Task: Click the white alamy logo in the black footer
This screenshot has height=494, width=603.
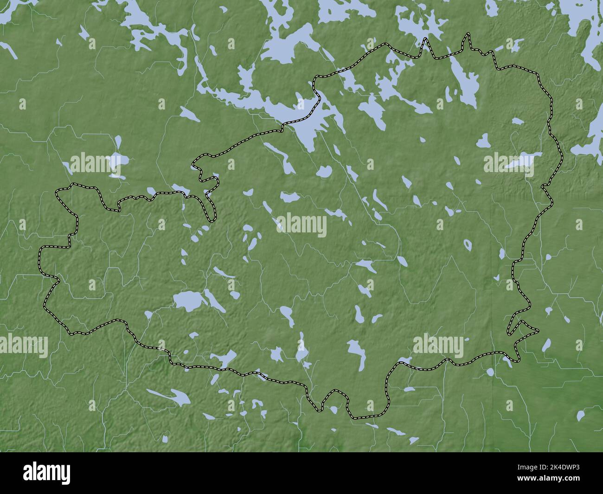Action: click(48, 473)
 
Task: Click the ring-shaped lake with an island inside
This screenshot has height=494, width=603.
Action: click(468, 244)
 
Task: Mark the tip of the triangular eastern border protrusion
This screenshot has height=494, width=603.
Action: click(538, 330)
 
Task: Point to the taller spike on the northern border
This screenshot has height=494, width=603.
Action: click(468, 34)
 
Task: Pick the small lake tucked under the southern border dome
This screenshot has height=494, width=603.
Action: click(334, 409)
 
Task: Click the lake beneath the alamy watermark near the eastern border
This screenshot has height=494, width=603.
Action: click(522, 162)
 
